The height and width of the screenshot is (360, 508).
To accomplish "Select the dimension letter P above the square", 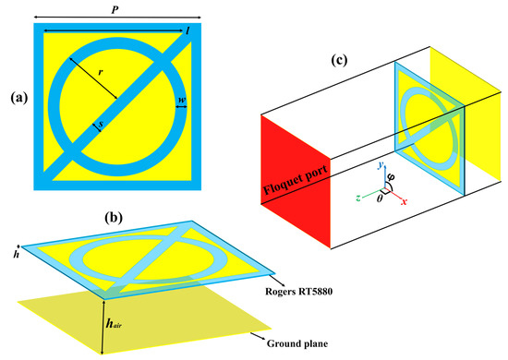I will click(115, 6).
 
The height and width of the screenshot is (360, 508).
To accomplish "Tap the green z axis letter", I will click(347, 196).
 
